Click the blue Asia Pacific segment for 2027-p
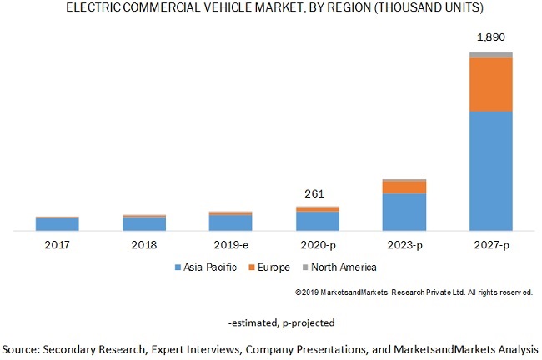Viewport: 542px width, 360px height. pyautogui.click(x=490, y=171)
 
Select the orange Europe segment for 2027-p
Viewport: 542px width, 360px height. pyautogui.click(x=490, y=84)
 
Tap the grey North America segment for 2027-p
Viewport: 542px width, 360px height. pyautogui.click(x=490, y=55)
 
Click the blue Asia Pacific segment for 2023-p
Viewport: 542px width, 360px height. pyautogui.click(x=404, y=212)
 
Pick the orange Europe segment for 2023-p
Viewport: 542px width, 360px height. pyautogui.click(x=404, y=187)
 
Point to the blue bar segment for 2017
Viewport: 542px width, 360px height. pyautogui.click(x=57, y=224)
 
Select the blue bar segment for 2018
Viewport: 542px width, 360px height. pyautogui.click(x=143, y=223)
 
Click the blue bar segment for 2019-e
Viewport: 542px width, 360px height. pyautogui.click(x=230, y=222)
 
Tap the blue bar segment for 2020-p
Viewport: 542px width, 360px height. pyautogui.click(x=317, y=221)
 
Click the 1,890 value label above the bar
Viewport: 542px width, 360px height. pyautogui.click(x=490, y=37)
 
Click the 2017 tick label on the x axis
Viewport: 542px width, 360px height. pyautogui.click(x=57, y=245)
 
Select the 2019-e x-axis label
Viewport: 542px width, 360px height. pyautogui.click(x=230, y=245)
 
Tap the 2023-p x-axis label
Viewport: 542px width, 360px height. pyautogui.click(x=404, y=245)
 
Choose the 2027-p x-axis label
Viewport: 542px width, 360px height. pyautogui.click(x=490, y=245)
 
